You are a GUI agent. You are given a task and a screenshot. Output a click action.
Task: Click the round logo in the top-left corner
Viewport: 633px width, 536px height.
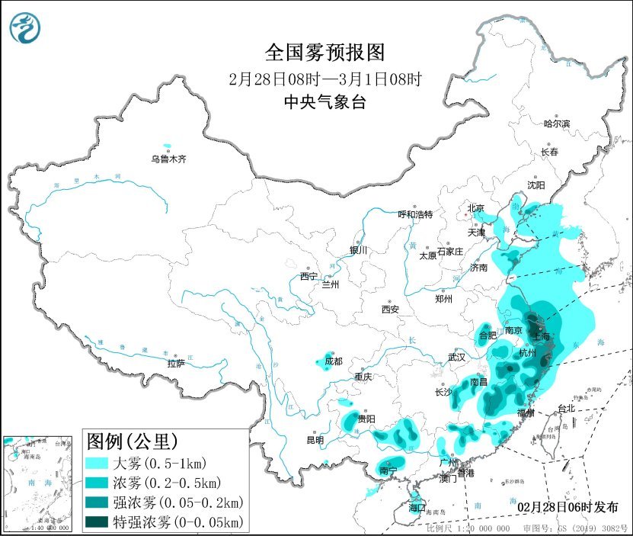(25, 28)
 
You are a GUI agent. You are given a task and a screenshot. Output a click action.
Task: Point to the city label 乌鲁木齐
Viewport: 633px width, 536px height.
(168, 159)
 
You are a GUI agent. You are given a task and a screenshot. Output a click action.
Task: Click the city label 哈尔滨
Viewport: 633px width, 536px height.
(557, 123)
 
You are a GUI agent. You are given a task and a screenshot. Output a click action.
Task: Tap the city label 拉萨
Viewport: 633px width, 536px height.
(176, 364)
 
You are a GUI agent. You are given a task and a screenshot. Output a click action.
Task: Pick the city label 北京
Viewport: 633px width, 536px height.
(475, 207)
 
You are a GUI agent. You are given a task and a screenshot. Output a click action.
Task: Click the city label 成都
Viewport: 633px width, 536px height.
(333, 361)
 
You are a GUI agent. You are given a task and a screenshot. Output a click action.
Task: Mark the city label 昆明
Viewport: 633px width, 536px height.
(315, 440)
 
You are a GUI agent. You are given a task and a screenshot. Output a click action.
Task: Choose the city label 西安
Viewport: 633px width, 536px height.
(390, 310)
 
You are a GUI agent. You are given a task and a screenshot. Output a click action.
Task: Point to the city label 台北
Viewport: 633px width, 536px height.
(568, 409)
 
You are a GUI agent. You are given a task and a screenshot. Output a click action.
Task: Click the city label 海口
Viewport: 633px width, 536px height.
(416, 507)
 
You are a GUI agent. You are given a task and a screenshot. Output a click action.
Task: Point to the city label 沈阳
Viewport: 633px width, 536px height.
(535, 185)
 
